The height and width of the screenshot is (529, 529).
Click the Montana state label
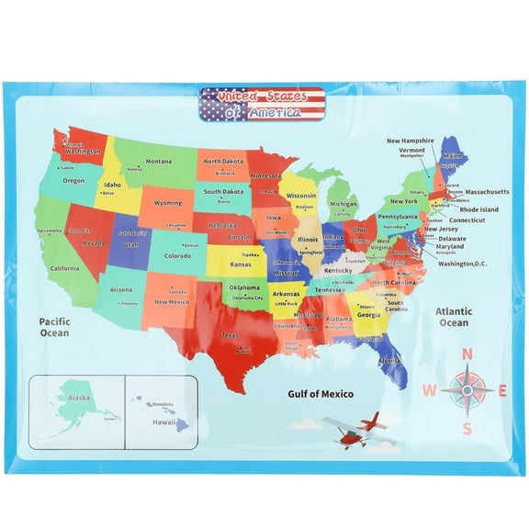(158, 162)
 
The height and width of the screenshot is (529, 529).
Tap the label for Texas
(231, 335)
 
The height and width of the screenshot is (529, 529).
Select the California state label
(64, 268)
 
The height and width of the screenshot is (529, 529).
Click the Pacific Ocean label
(54, 327)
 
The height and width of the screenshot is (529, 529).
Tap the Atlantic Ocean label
(453, 317)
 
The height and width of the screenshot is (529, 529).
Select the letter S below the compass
(467, 427)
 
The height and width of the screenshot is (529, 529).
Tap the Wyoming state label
(167, 203)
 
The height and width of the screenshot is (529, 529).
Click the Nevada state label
(94, 243)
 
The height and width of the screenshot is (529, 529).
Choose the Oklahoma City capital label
(247, 298)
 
